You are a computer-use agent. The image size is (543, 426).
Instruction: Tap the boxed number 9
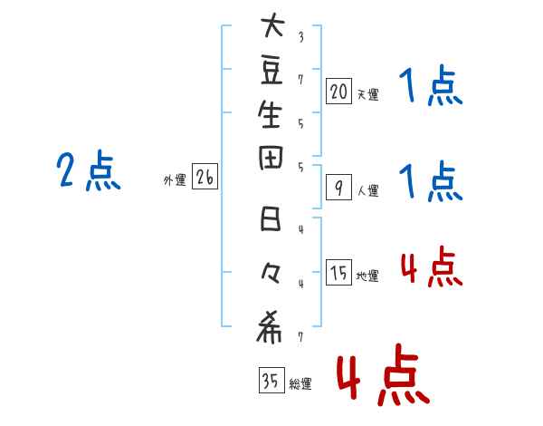pyautogui.click(x=338, y=188)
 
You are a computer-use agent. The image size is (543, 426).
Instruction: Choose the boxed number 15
pyautogui.click(x=338, y=273)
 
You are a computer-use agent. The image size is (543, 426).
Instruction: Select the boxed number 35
pyautogui.click(x=269, y=382)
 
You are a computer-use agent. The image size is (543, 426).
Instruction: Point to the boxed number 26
pyautogui.click(x=205, y=179)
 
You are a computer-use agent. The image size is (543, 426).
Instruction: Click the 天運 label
pyautogui.click(x=367, y=93)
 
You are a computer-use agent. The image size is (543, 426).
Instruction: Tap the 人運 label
pyautogui.click(x=367, y=191)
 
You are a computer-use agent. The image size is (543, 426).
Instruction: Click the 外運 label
pyautogui.click(x=175, y=181)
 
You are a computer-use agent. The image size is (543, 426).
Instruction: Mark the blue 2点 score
pyautogui.click(x=88, y=170)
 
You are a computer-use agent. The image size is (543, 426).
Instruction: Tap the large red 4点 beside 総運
pyautogui.click(x=382, y=376)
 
